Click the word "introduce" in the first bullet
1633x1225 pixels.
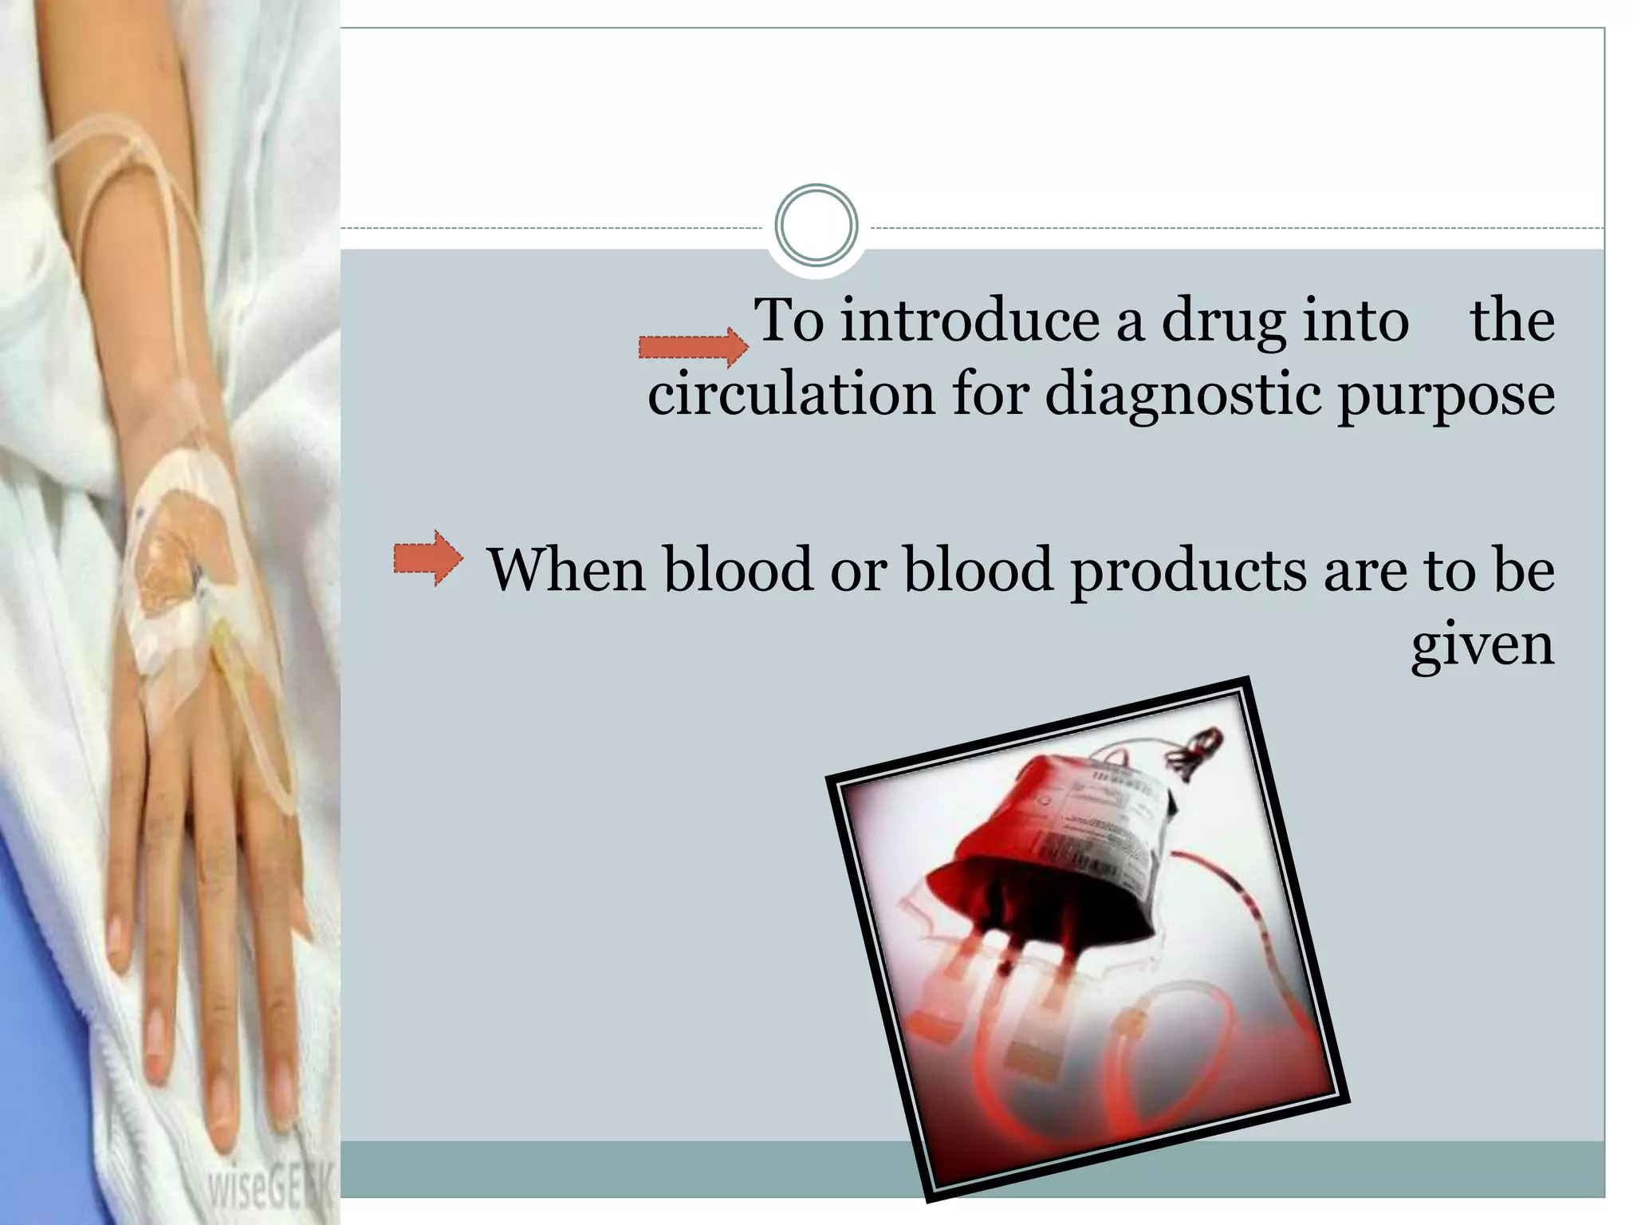tap(969, 321)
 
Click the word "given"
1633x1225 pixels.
tap(1482, 645)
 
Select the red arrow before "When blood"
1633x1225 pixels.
tap(427, 557)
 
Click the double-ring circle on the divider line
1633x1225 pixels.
tap(816, 226)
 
